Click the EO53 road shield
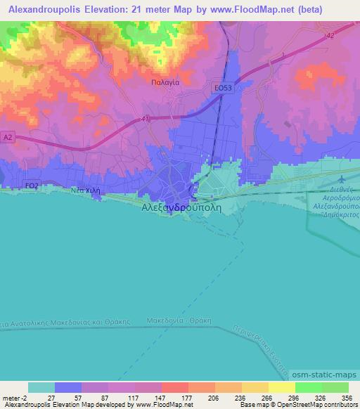[x=223, y=87]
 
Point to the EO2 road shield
[x=31, y=186]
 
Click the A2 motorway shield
[x=8, y=137]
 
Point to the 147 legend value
[x=148, y=397]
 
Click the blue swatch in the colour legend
[x=68, y=387]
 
